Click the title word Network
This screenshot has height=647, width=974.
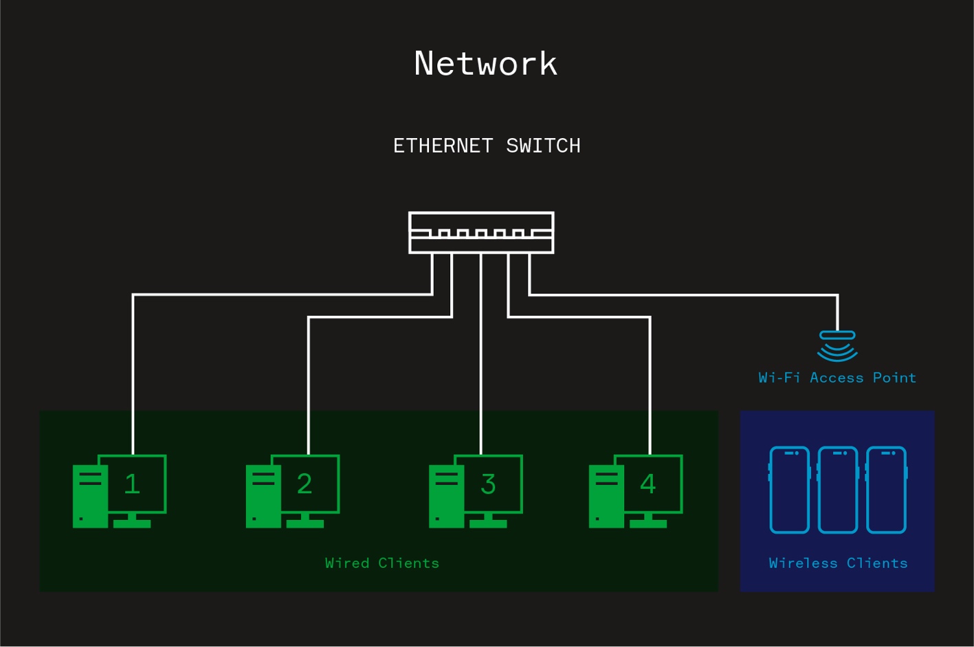(x=485, y=64)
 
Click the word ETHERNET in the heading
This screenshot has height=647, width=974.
(x=443, y=146)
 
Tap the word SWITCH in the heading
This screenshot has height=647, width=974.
(x=543, y=146)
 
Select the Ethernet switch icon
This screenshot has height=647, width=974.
(x=481, y=233)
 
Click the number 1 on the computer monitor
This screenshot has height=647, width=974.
(x=132, y=484)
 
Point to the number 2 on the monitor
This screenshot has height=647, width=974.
(x=305, y=484)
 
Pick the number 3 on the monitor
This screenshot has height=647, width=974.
(x=488, y=484)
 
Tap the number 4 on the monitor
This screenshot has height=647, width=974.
(x=648, y=484)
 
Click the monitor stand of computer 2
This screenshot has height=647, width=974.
(x=305, y=521)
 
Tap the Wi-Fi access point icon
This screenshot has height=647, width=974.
(x=837, y=345)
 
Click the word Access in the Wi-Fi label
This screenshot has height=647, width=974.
(x=836, y=378)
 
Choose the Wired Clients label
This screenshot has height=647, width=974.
(x=381, y=563)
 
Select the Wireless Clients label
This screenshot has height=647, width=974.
(x=838, y=563)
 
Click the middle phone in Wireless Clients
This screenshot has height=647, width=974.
(x=838, y=490)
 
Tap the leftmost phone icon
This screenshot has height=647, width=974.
(x=789, y=490)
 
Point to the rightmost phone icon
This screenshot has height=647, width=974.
(x=887, y=490)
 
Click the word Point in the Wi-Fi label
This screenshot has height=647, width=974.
(x=894, y=378)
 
